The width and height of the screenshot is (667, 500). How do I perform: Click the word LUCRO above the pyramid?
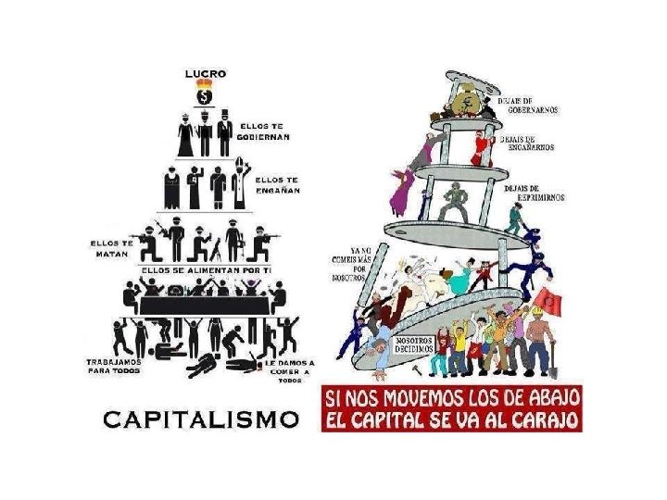pos(205,73)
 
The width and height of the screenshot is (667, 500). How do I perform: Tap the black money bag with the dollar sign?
pos(205,95)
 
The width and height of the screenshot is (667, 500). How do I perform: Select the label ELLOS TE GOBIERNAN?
pos(265,131)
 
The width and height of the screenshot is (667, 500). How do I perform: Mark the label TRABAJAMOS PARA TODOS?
pos(113,366)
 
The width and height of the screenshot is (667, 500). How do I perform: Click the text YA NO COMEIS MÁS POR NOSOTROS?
pos(351,263)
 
